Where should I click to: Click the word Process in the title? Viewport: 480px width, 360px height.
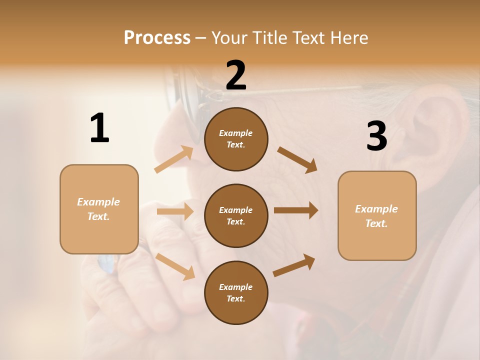157,38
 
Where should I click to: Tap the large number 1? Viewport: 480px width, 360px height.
99,128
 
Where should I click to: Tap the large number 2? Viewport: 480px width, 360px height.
236,75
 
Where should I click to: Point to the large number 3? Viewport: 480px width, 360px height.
376,136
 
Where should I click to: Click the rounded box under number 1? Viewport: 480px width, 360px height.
99,209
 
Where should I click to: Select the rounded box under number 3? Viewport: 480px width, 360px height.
377,215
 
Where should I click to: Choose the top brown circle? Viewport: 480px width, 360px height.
236,139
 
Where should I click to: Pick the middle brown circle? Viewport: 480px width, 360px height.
236,215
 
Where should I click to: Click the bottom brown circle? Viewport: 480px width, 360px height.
236,292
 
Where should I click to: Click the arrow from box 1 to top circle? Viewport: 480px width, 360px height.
174,159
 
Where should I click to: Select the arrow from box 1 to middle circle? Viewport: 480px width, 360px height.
175,211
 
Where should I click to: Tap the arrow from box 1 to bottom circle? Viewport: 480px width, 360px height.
175,266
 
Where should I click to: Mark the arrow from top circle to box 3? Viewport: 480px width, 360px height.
297,160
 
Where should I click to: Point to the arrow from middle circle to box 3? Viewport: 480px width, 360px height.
296,210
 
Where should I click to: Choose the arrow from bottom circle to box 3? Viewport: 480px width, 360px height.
294,265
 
